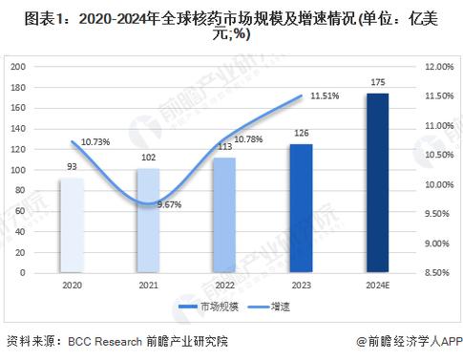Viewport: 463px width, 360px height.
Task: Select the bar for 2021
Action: click(148, 221)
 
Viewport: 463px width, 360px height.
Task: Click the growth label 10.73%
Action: click(95, 142)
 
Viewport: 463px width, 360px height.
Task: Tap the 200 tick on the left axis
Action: click(19, 66)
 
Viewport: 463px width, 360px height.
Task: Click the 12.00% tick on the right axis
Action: click(437, 66)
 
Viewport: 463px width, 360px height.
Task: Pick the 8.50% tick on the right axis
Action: click(437, 273)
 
